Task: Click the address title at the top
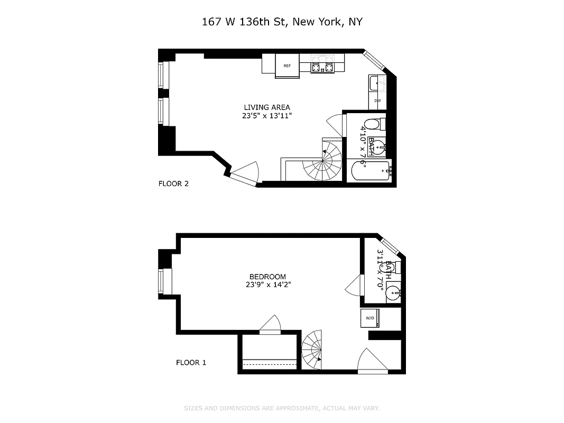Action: coord(282,22)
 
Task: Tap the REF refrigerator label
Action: coord(287,66)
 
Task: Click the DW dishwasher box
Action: coord(377,100)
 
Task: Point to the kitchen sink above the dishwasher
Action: coord(376,82)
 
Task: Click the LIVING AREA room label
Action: coord(266,107)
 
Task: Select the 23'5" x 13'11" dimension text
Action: coord(266,115)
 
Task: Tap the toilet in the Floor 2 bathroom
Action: coord(374,124)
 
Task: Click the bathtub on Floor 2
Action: coord(371,171)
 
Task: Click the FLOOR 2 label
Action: coord(173,184)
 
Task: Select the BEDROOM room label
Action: coord(267,277)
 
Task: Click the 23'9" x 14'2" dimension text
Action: coord(267,284)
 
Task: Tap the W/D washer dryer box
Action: coord(370,318)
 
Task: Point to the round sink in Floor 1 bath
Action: coord(393,292)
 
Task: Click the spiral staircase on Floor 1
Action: coord(313,348)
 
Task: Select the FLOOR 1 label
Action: coord(191,363)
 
